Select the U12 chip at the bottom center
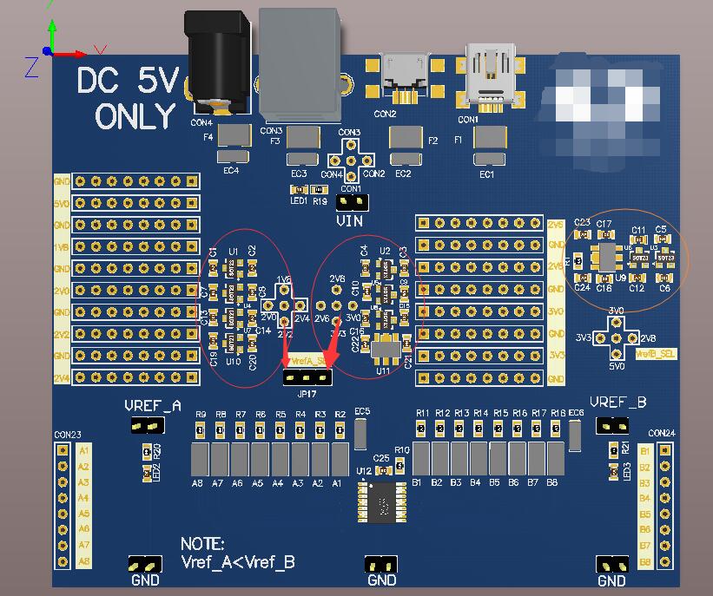tap(381, 501)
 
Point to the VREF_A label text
tap(153, 406)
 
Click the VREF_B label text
tap(617, 403)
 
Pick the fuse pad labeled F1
tap(490, 137)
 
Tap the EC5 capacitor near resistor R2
tap(362, 433)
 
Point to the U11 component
tap(383, 349)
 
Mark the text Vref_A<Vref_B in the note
tap(237, 562)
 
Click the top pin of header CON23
tap(62, 451)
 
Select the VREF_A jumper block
tap(146, 425)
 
